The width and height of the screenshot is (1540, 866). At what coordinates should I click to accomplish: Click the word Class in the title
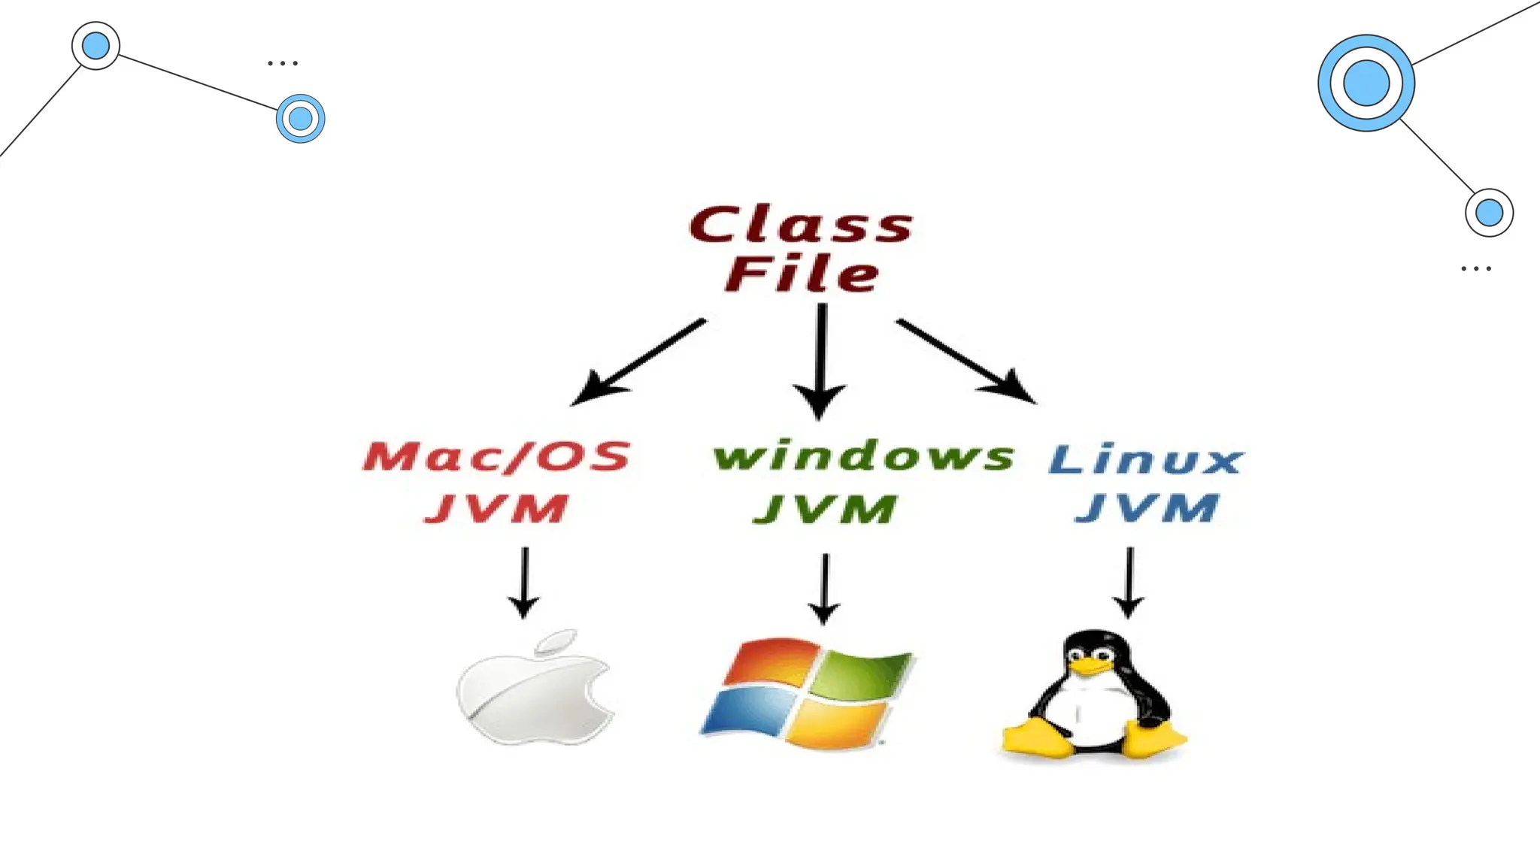point(801,224)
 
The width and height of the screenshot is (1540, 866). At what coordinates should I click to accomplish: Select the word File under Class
point(802,274)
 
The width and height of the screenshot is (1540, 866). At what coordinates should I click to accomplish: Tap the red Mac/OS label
point(496,456)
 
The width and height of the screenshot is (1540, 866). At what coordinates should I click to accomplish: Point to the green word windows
point(863,456)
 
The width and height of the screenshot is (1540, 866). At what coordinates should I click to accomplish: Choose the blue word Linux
point(1146,460)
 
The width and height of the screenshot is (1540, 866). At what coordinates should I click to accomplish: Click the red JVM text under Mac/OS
point(496,509)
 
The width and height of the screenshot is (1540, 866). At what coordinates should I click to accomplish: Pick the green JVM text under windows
point(826,509)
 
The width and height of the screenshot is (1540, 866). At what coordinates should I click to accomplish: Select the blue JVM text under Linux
point(1147,508)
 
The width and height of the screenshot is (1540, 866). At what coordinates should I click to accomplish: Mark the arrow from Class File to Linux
point(966,361)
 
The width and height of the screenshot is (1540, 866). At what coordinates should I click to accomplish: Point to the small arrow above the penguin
point(1129,582)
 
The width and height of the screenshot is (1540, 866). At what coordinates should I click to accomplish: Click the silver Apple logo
point(534,695)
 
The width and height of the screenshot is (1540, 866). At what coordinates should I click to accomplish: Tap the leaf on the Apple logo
point(556,641)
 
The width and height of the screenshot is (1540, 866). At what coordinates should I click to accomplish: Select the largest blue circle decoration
point(1366,83)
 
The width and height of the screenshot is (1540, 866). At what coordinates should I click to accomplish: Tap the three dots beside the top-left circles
point(283,63)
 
